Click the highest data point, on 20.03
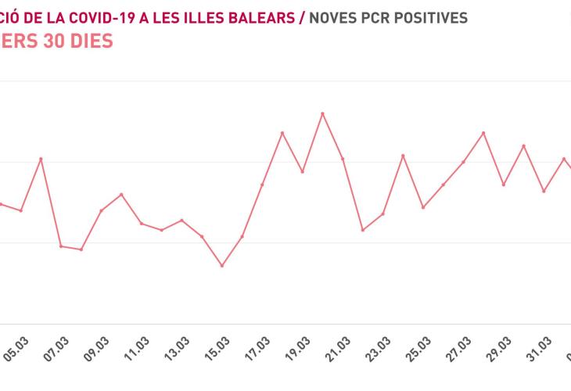322,113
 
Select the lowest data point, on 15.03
222,266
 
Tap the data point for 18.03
282,133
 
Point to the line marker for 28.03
483,133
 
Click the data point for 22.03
362,230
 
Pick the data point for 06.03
41,159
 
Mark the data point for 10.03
121,194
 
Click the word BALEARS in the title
262,16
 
